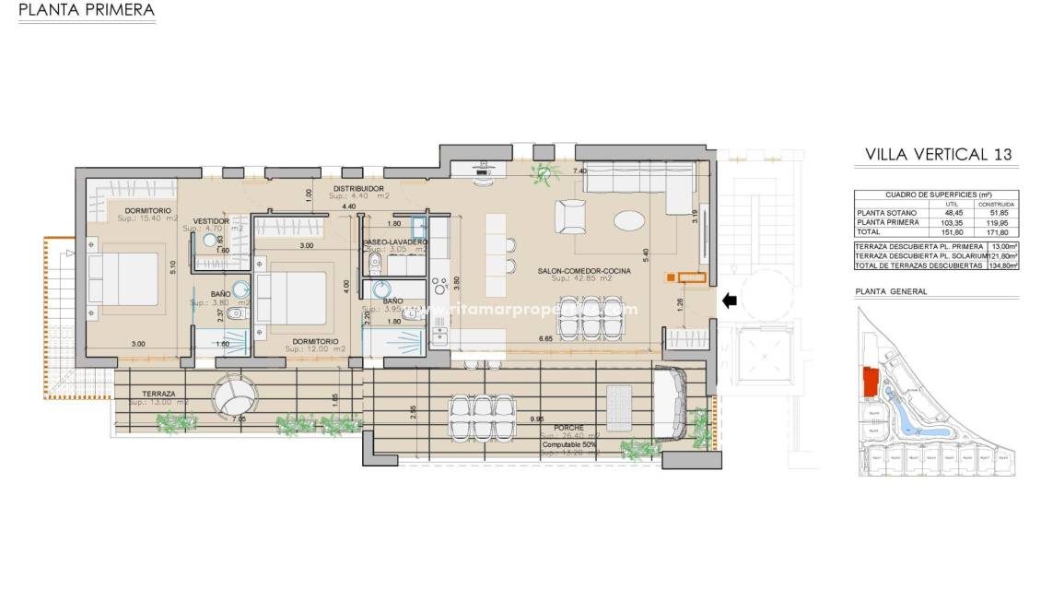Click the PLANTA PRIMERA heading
coord(87,11)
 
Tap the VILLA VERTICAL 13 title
coord(939,154)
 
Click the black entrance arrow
coord(729,300)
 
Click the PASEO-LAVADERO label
coord(395,242)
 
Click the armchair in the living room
coord(570,218)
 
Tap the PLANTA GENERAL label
coord(891,291)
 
